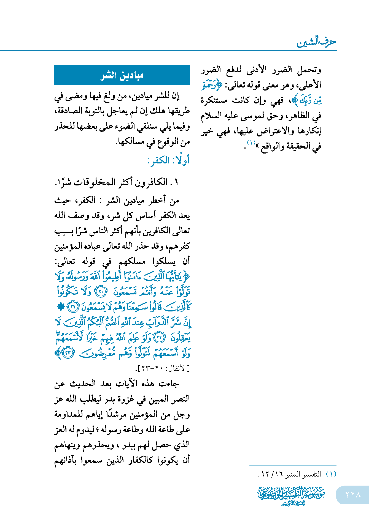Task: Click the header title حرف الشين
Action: click(316, 42)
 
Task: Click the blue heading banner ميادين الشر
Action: click(122, 75)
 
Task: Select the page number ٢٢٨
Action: click(353, 494)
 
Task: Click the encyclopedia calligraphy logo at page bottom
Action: click(291, 495)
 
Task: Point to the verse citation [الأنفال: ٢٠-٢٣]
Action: click(164, 368)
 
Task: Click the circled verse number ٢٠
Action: click(101, 292)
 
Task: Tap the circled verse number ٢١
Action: click(73, 307)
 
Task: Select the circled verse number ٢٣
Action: click(68, 353)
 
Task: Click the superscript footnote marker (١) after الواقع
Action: click(251, 143)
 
